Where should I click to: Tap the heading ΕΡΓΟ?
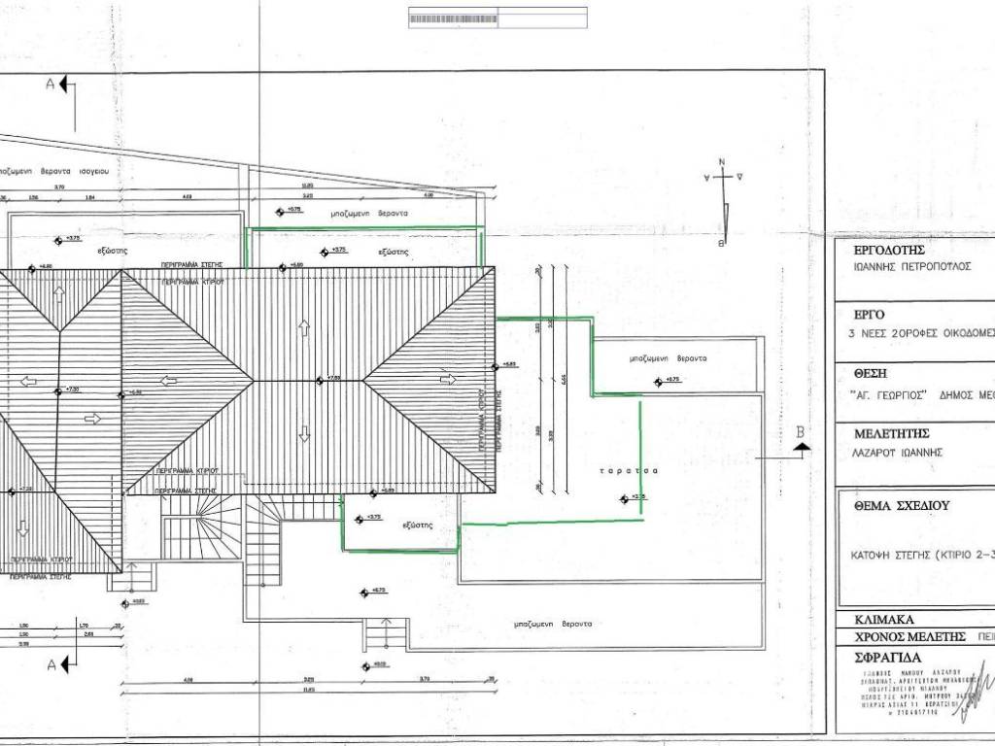869,315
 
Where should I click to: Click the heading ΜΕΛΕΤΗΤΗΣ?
892,433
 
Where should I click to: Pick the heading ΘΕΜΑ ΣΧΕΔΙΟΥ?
901,506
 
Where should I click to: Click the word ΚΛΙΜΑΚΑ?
883,619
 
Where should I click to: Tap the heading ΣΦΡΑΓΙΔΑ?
886,657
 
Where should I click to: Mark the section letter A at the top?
51,84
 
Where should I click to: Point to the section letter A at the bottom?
51,663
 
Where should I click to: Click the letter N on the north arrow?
722,162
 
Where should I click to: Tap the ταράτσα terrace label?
616,470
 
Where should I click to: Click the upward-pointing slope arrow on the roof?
305,327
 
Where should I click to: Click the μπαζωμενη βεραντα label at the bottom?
552,624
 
